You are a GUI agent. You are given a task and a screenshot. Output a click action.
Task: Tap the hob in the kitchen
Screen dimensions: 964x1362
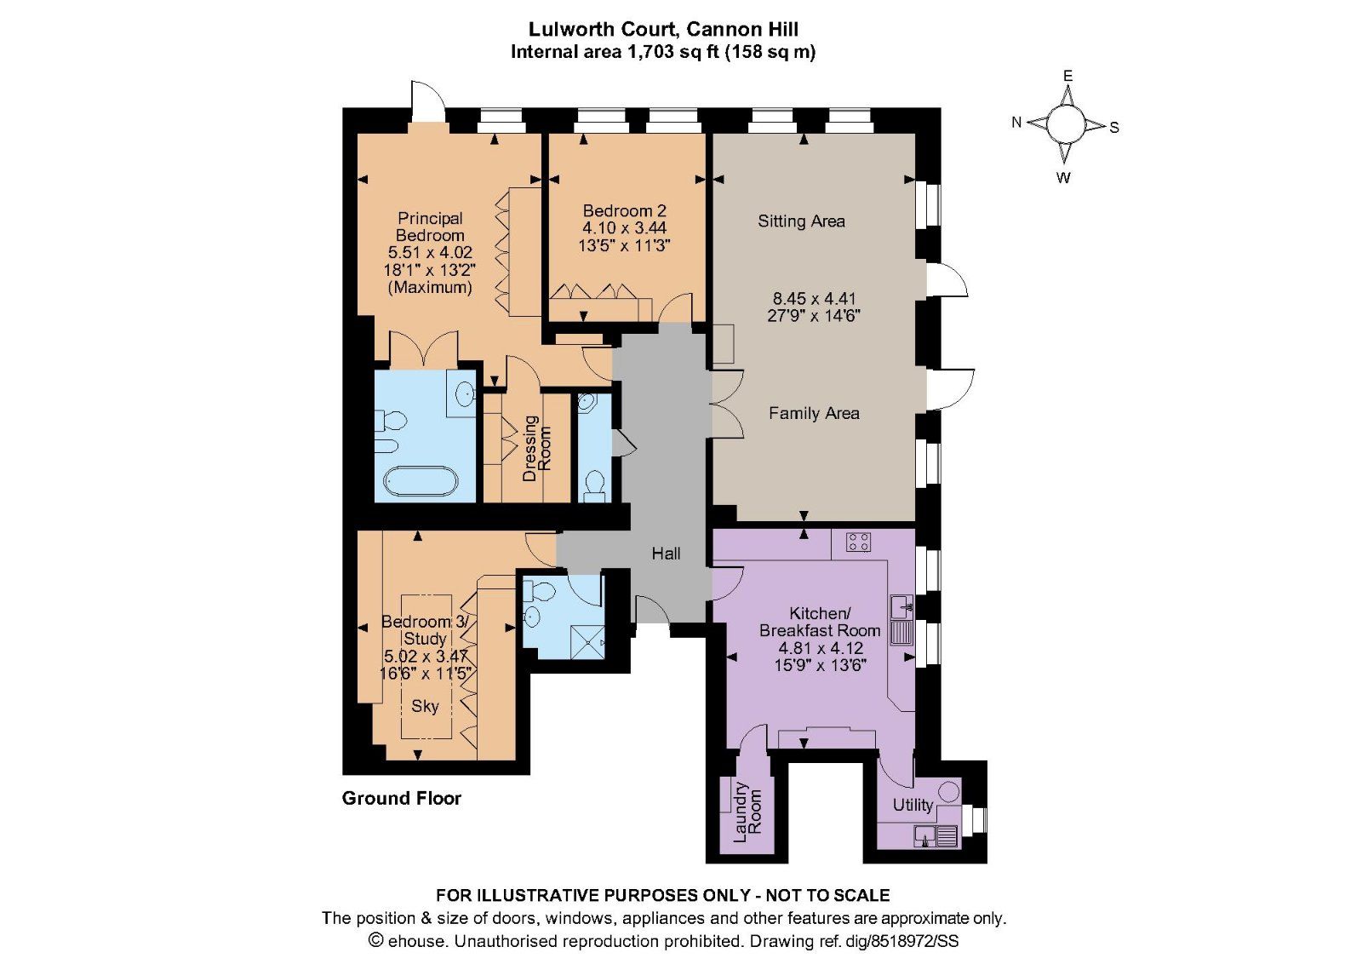pyautogui.click(x=858, y=542)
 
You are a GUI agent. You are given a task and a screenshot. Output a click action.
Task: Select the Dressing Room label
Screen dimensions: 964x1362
pyautogui.click(x=536, y=448)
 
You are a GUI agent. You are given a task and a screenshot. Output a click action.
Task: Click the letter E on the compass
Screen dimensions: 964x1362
pyautogui.click(x=1067, y=76)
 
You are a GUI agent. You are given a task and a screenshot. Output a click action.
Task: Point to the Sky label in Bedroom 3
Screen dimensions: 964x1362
pyautogui.click(x=425, y=706)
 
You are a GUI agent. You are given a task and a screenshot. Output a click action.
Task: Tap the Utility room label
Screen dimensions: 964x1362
pyautogui.click(x=913, y=805)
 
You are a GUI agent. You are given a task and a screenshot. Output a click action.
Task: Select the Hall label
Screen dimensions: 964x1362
pyautogui.click(x=666, y=554)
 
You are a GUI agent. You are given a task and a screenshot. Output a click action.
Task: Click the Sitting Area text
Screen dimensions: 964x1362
pyautogui.click(x=801, y=221)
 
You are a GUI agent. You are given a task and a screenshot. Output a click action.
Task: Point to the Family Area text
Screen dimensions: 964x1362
pyautogui.click(x=814, y=413)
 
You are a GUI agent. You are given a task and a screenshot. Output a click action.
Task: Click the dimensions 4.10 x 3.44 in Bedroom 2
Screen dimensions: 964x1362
pyautogui.click(x=624, y=228)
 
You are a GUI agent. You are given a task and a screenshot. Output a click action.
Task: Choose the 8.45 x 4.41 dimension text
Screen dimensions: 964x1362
pyautogui.click(x=814, y=299)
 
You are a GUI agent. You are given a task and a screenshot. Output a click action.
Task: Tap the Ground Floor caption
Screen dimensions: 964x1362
pyautogui.click(x=401, y=798)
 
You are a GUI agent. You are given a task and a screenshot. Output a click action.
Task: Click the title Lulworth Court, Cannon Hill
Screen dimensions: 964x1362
pyautogui.click(x=663, y=29)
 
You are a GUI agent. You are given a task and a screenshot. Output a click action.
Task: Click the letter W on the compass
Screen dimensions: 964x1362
pyautogui.click(x=1063, y=178)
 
